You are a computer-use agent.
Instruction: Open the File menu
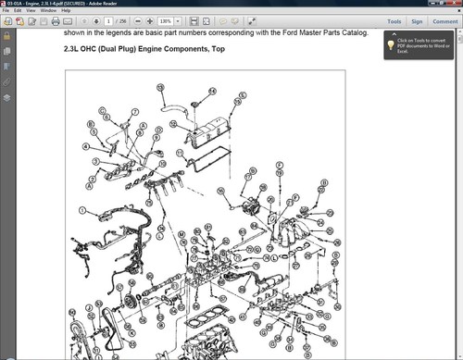pos(6,11)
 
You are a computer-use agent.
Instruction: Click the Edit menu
pos(19,11)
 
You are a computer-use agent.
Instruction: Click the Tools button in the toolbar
pos(394,20)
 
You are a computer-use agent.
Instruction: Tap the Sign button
pos(417,20)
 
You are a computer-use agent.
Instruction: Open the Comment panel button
pos(444,20)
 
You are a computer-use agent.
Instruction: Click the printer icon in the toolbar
pos(55,20)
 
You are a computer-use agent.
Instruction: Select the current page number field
pos(108,20)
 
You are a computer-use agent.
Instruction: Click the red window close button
pos(454,4)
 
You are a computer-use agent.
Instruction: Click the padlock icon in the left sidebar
pos(6,36)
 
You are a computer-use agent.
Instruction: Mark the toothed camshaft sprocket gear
pos(132,301)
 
